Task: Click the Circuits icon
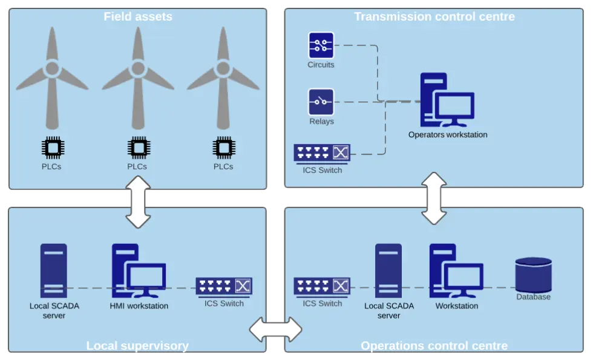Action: coord(321,45)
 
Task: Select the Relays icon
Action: coord(321,102)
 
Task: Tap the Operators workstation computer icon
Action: coord(447,100)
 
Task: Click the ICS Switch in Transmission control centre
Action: coord(322,153)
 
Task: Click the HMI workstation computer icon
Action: coord(139,271)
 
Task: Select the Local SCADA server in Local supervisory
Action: coord(54,271)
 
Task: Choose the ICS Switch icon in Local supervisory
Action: coord(224,287)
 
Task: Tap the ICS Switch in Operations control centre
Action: coord(322,287)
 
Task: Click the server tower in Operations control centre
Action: coord(388,271)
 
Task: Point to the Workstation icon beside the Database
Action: coord(456,271)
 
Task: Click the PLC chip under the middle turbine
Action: coord(139,148)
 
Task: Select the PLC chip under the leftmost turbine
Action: coord(53,148)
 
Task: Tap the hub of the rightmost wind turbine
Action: coord(223,68)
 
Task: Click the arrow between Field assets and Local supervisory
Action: coord(138,202)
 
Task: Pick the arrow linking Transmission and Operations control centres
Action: coord(434,198)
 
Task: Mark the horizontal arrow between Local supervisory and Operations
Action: coord(276,330)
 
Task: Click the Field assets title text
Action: coord(138,17)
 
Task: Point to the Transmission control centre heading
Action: coord(434,17)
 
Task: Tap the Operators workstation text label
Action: coord(448,134)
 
